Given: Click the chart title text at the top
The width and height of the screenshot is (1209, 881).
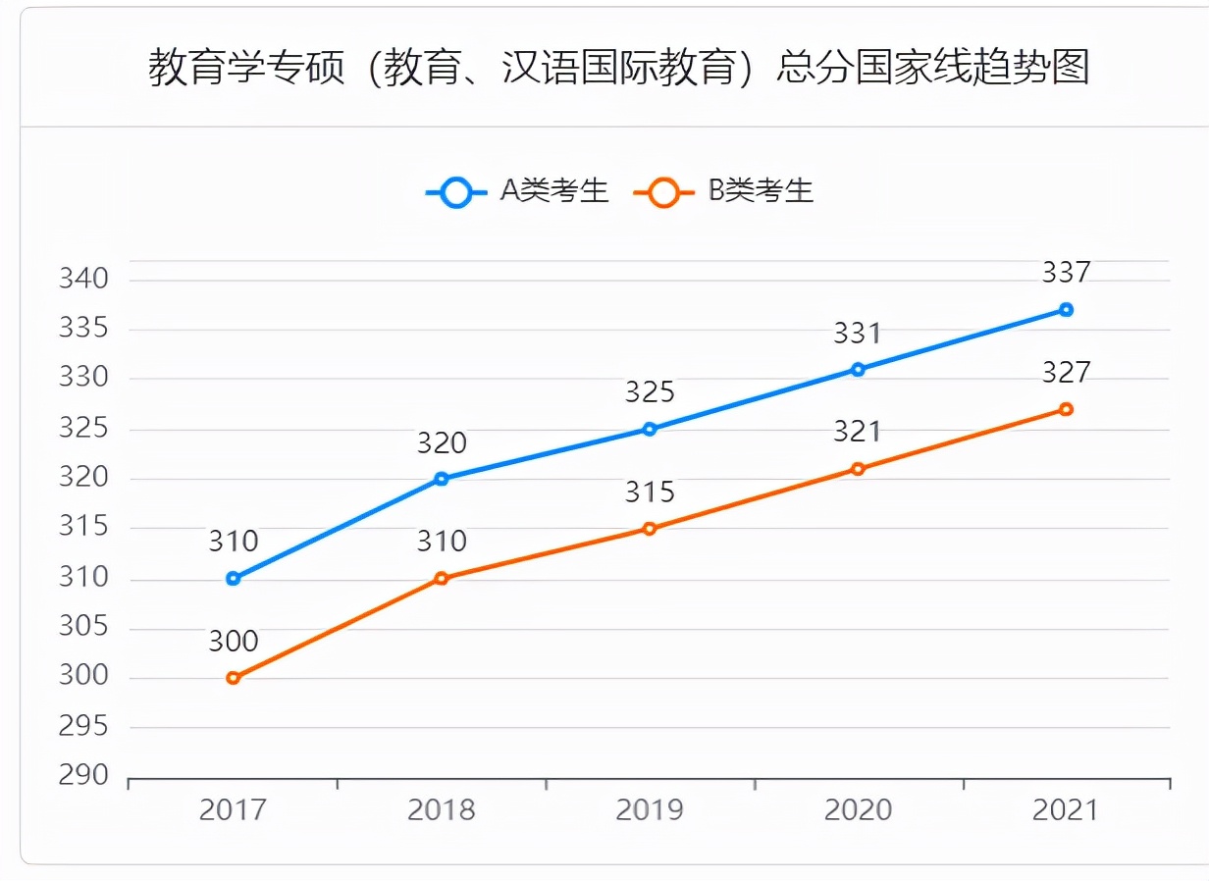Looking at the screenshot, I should click(618, 69).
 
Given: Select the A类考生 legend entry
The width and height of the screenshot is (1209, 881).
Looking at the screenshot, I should click(517, 191).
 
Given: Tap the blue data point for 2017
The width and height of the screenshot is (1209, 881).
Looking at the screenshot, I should click(233, 579).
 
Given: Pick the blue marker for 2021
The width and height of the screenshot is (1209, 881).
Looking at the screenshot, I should click(1066, 310).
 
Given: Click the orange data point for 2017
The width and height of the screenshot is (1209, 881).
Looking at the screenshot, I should click(233, 678).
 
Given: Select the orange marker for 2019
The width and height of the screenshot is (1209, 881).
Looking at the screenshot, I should click(649, 529).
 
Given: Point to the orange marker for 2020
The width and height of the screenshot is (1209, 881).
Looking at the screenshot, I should click(858, 469).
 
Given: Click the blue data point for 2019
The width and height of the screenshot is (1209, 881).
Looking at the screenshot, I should click(649, 429).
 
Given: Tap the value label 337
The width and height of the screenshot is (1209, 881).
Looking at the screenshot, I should click(1066, 273).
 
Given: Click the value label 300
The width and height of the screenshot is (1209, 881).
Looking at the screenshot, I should click(233, 642).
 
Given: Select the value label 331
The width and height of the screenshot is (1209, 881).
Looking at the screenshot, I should click(858, 334).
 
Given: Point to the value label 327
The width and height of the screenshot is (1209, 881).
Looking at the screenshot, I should click(1066, 373).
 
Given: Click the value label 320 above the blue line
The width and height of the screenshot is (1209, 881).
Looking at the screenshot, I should click(441, 443).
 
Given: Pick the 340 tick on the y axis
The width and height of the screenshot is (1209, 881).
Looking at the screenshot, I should click(83, 280).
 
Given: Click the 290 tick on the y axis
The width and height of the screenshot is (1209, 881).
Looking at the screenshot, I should click(83, 775).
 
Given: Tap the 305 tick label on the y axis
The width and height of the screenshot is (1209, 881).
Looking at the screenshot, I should click(83, 627).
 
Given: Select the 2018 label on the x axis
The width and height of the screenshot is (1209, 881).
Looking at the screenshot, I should click(441, 810).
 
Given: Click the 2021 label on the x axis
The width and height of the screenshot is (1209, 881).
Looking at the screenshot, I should click(1066, 810).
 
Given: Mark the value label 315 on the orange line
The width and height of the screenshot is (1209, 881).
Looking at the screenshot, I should click(649, 492).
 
